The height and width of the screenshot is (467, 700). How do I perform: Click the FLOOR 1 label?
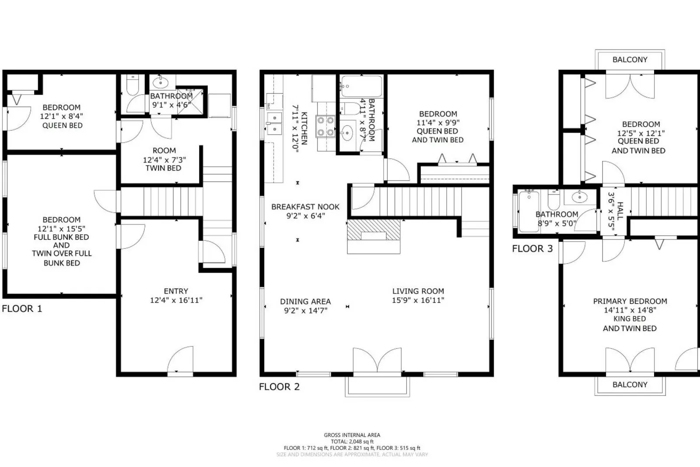22,308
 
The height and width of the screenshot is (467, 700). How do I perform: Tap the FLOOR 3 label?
532,249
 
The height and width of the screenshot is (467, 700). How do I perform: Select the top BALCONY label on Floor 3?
630,60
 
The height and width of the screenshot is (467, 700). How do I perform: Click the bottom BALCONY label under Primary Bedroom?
630,385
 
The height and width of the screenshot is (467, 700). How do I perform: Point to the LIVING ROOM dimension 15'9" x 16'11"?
418,301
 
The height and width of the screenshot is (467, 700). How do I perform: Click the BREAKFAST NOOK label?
305,207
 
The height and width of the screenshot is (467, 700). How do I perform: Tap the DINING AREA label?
305,301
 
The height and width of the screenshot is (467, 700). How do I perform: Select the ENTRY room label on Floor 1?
176,291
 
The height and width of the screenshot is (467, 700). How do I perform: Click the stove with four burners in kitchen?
325,126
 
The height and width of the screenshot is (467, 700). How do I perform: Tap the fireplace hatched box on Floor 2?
373,230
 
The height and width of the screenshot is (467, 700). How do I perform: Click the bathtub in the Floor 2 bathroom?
361,87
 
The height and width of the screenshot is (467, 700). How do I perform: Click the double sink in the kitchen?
274,124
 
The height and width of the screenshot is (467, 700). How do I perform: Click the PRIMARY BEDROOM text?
630,301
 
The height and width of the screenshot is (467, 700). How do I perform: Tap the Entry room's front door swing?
181,360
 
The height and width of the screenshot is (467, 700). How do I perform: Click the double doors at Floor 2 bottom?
377,361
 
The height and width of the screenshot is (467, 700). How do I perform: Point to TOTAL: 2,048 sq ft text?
352,442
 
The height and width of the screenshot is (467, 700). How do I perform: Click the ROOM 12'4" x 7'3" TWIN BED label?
164,159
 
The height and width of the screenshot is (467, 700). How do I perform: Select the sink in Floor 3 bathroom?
580,197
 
